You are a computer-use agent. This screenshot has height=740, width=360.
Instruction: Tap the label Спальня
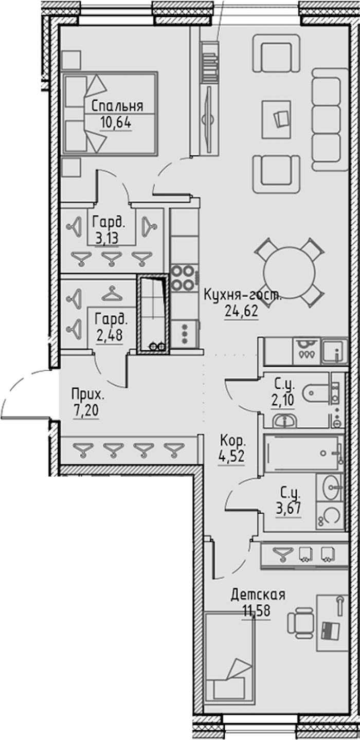[117, 106]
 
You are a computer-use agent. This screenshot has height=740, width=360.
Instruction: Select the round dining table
[290, 272]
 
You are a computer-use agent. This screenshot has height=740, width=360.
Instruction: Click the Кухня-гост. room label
[242, 294]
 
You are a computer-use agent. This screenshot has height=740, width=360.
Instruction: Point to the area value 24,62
[241, 311]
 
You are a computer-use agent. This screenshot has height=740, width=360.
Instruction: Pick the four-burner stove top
[183, 278]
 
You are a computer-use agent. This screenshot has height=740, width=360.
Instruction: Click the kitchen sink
[334, 351]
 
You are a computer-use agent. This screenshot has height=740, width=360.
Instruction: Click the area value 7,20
[86, 411]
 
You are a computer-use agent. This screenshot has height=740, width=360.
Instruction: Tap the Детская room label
[258, 594]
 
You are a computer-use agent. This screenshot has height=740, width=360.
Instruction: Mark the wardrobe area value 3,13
[106, 238]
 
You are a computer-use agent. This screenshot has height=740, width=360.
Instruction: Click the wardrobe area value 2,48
[110, 335]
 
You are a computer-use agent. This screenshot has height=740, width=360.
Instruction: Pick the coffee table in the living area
[277, 120]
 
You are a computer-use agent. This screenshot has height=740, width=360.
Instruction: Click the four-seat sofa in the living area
[330, 120]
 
